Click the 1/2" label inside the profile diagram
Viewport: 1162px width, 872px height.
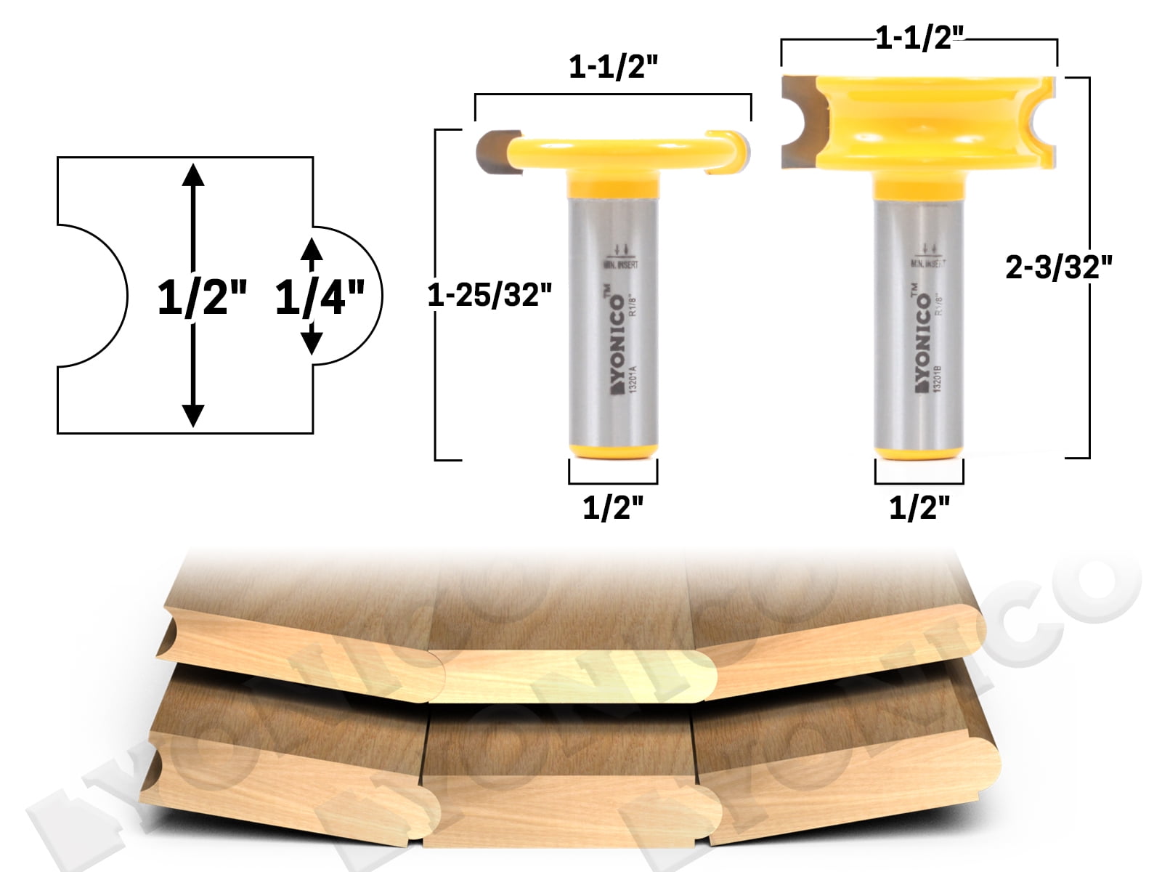coord(203,298)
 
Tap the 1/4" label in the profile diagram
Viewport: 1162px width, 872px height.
coord(320,298)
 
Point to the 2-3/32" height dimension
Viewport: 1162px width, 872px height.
coord(1059,269)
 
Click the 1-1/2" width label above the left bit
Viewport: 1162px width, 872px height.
coord(613,70)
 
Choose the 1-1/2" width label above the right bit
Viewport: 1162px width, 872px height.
coord(919,41)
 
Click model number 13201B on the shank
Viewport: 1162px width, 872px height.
coord(938,377)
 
